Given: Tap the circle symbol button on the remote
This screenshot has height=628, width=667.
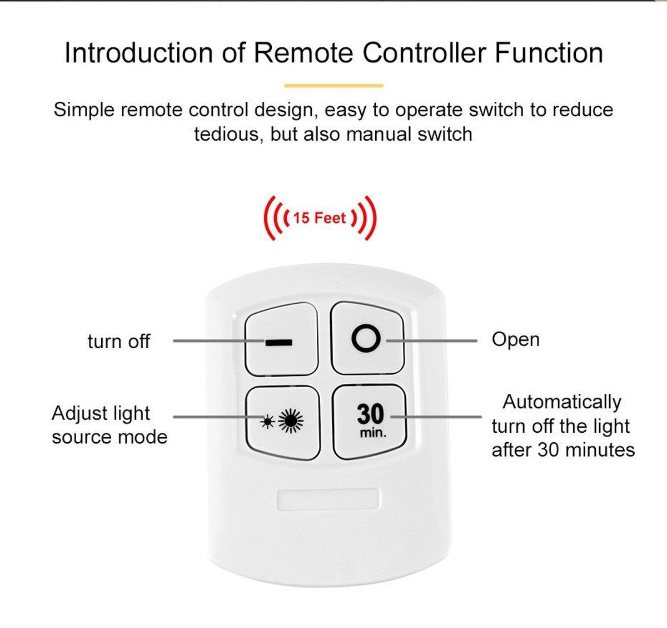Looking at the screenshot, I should [x=367, y=338].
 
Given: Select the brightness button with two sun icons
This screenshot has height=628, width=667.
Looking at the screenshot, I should [x=282, y=421].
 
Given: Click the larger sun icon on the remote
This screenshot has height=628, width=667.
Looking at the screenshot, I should [x=291, y=421].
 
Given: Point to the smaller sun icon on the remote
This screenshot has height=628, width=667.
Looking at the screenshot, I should [x=267, y=422].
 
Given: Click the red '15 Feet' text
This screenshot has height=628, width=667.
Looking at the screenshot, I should [x=320, y=217].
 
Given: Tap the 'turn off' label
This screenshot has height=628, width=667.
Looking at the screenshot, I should [x=118, y=341].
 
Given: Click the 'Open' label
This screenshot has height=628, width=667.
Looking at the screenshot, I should [x=515, y=339].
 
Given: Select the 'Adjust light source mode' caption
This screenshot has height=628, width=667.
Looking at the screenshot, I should [x=109, y=425].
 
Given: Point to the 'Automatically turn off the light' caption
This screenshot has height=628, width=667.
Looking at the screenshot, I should [x=563, y=426].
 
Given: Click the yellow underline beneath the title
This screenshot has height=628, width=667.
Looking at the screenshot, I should [x=333, y=86].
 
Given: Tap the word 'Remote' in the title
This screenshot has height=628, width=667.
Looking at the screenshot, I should [x=303, y=53].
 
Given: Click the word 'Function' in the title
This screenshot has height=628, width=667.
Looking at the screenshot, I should [x=549, y=53].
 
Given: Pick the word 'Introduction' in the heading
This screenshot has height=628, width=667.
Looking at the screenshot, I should [x=138, y=53].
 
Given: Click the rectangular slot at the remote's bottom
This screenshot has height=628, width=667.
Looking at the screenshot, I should [x=328, y=498].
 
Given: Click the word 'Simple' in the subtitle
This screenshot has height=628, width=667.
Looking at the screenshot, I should [x=84, y=110].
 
